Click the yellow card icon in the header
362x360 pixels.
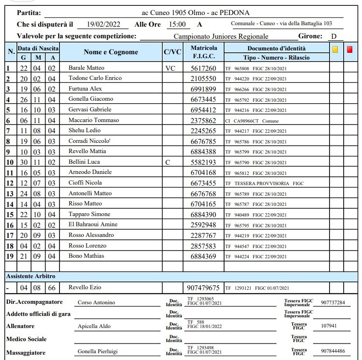(x=335, y=49)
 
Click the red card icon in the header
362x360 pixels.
(x=350, y=49)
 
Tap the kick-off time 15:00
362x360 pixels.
(x=176, y=24)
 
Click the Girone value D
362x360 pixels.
(x=333, y=36)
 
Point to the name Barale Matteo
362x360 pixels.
(x=86, y=68)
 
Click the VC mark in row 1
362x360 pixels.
(x=170, y=68)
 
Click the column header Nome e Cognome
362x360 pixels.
(x=111, y=52)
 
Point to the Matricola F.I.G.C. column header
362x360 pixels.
(x=204, y=52)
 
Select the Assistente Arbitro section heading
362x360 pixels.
(x=30, y=276)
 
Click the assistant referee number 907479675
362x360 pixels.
(x=203, y=287)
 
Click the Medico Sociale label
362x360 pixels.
(x=27, y=339)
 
